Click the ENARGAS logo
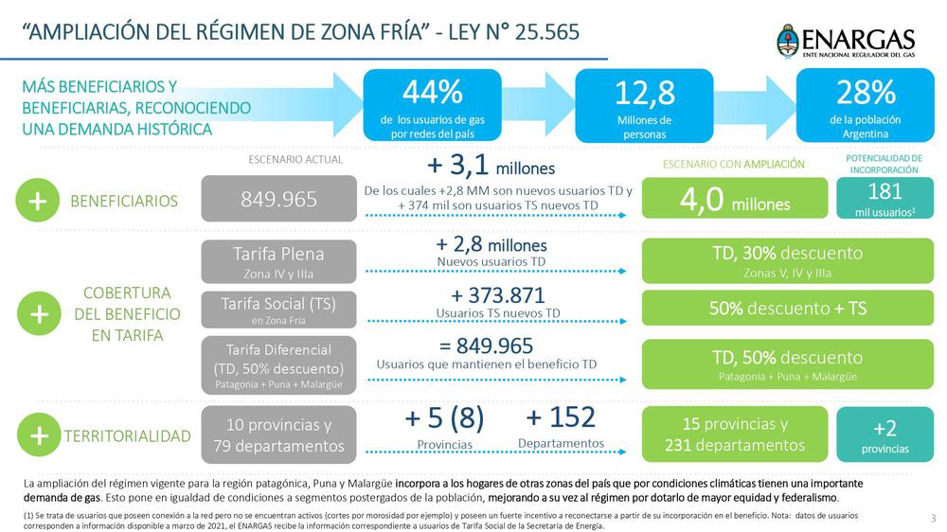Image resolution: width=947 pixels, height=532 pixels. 846,43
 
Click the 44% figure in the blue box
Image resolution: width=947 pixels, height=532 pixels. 433,93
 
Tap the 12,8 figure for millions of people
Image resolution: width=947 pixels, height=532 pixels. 644,93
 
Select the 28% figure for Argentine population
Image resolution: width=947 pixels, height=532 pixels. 865,92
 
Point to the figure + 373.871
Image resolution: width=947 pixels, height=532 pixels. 497,294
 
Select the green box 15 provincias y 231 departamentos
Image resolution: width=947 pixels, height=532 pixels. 735,434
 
